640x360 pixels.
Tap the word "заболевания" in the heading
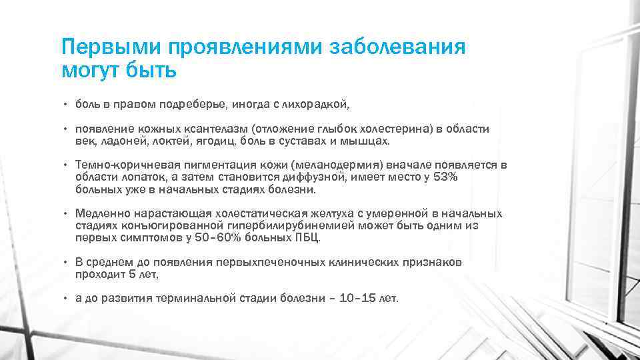[x=397, y=48]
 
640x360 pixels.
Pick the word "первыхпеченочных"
[x=270, y=263]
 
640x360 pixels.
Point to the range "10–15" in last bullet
[x=359, y=299]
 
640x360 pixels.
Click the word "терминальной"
[x=197, y=299]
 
